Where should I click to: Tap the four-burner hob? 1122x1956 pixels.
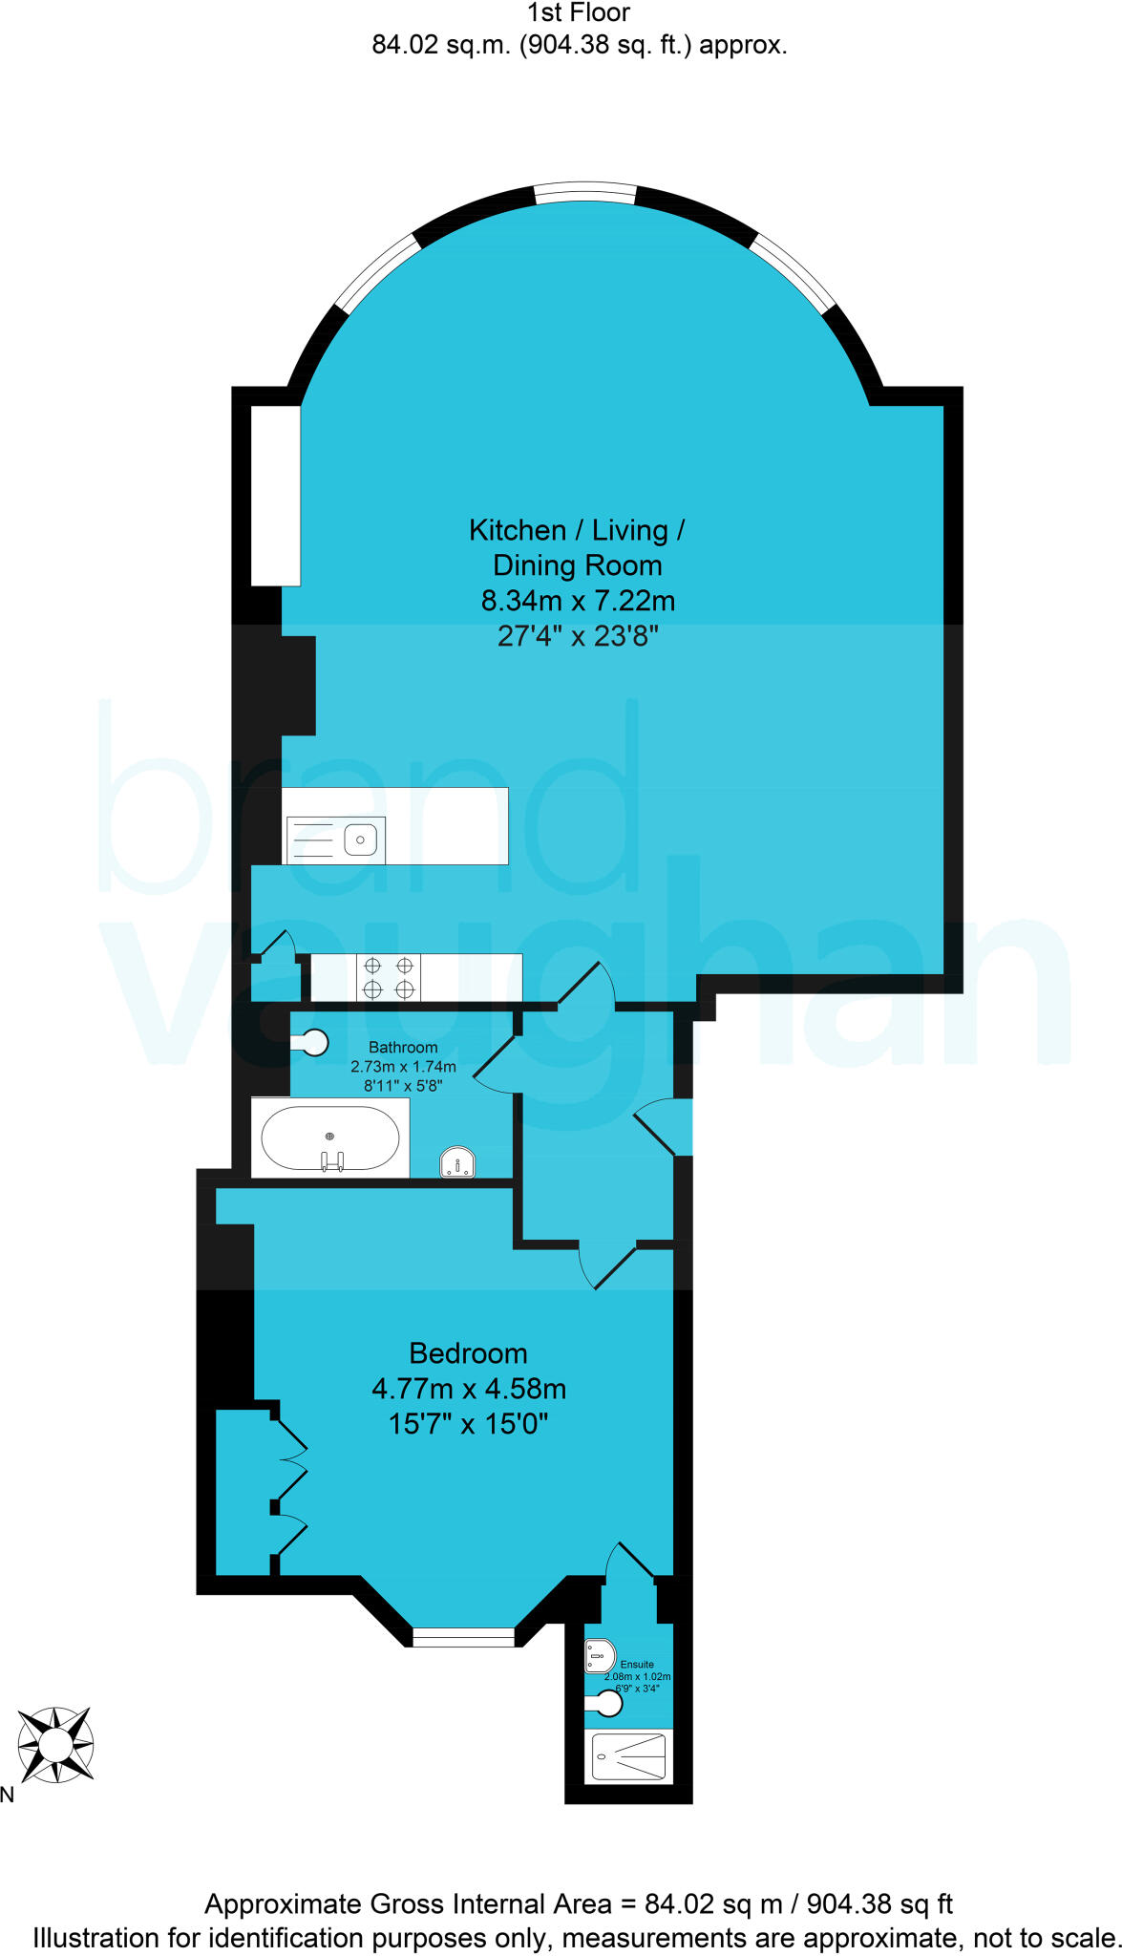tap(389, 977)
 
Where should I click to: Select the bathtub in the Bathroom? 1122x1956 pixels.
tap(330, 1137)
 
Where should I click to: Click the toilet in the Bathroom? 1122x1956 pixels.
tap(457, 1162)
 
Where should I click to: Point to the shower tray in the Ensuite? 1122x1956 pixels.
tap(628, 1755)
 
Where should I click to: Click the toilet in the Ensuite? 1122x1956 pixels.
tap(600, 1655)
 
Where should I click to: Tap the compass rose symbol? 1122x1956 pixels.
tap(56, 1745)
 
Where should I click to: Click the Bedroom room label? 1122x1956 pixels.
tap(468, 1353)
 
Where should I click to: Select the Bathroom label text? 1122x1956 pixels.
tap(403, 1048)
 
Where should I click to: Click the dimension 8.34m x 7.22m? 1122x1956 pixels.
tap(578, 601)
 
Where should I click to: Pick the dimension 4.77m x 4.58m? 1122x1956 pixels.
tap(469, 1389)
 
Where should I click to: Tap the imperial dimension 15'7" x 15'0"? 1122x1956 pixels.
tap(468, 1424)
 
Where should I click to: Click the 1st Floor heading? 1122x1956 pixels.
tap(579, 13)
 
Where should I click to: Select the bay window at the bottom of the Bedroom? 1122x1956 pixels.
tap(463, 1637)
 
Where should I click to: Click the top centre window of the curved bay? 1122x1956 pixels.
tap(584, 194)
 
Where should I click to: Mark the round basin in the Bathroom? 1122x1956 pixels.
tap(314, 1042)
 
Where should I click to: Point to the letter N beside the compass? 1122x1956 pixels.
tap(8, 1796)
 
